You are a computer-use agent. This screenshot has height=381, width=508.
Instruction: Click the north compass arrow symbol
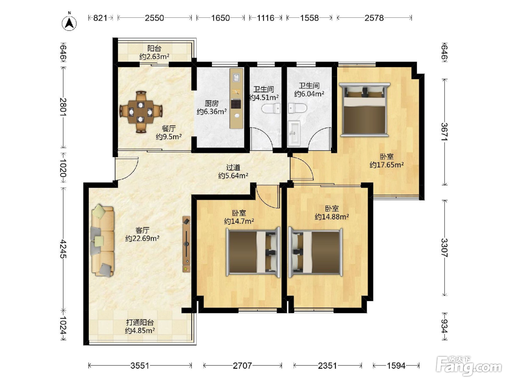point(69,23)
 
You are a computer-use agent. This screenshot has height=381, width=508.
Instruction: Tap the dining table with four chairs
point(141,112)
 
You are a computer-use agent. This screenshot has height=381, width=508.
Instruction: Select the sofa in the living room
point(103,240)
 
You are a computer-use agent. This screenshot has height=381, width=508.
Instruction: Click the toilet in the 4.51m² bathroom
point(271,108)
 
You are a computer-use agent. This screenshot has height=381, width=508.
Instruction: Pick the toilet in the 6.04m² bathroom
point(298,108)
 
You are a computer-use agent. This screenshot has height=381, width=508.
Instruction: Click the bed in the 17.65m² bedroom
point(365,110)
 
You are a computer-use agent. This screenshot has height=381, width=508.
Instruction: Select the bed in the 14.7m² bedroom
point(253,252)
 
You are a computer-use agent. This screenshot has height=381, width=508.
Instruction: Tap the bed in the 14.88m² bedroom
point(315,252)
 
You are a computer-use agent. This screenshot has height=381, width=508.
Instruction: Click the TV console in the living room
point(187,244)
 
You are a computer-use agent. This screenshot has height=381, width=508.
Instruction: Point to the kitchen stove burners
point(236,104)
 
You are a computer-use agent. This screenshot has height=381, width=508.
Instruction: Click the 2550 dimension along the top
point(154,18)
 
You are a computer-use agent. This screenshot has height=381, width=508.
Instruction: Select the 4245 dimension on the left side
point(63,249)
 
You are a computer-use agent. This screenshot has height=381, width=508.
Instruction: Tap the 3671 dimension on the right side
point(444,132)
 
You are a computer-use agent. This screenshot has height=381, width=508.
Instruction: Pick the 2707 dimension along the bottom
point(242,365)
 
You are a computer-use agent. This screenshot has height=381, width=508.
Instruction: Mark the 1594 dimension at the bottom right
point(396,365)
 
